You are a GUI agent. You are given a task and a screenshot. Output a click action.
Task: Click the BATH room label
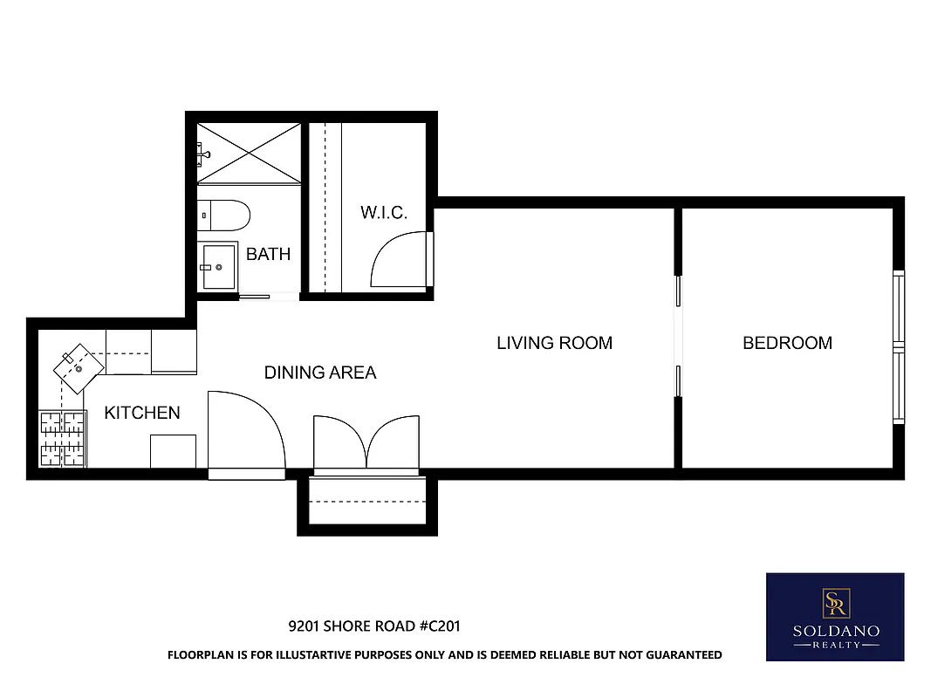pyautogui.click(x=268, y=255)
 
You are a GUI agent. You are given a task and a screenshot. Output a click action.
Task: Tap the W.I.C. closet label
pyautogui.click(x=384, y=213)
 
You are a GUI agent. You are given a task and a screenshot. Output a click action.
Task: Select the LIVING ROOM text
pyautogui.click(x=554, y=343)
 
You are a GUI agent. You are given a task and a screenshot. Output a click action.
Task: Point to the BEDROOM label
pyautogui.click(x=787, y=343)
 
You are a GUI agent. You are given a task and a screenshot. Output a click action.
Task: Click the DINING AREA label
pyautogui.click(x=320, y=373)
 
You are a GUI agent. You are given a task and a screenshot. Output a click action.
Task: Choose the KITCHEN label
pyautogui.click(x=142, y=413)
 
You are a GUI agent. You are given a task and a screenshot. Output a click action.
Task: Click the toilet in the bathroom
pyautogui.click(x=223, y=214)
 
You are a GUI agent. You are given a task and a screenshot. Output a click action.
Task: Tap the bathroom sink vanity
pyautogui.click(x=217, y=266)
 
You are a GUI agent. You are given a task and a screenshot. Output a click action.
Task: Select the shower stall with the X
pyautogui.click(x=249, y=153)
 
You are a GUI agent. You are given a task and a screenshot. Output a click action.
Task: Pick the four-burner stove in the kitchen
pyautogui.click(x=62, y=439)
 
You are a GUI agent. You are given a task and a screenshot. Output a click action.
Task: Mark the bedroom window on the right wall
pyautogui.click(x=898, y=347)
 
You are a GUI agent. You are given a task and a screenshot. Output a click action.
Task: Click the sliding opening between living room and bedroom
pyautogui.click(x=677, y=337)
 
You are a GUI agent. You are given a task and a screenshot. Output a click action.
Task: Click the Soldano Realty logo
pyautogui.click(x=834, y=617)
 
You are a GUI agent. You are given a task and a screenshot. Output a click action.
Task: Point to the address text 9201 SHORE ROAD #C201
pyautogui.click(x=374, y=626)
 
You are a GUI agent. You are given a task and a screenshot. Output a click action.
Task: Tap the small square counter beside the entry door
pyautogui.click(x=173, y=452)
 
